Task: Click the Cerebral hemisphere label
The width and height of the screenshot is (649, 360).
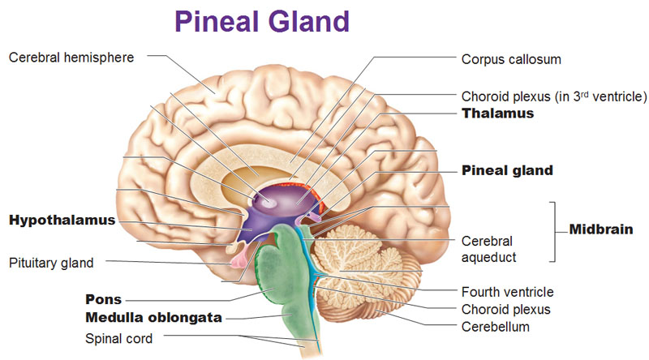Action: pos(71,57)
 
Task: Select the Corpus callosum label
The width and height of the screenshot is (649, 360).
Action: pos(511,59)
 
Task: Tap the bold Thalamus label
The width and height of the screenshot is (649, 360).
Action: pos(497,114)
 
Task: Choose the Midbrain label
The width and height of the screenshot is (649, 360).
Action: pos(601,229)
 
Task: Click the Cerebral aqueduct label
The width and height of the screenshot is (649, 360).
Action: pos(488,249)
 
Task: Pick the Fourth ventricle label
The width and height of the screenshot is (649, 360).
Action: pos(507,292)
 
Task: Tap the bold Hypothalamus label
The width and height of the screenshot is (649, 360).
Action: pos(62,220)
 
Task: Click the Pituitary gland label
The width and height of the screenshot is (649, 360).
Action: pos(52,263)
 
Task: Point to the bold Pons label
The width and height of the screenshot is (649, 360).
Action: pos(104,299)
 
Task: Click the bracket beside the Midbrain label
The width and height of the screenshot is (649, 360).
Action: pos(556,231)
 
